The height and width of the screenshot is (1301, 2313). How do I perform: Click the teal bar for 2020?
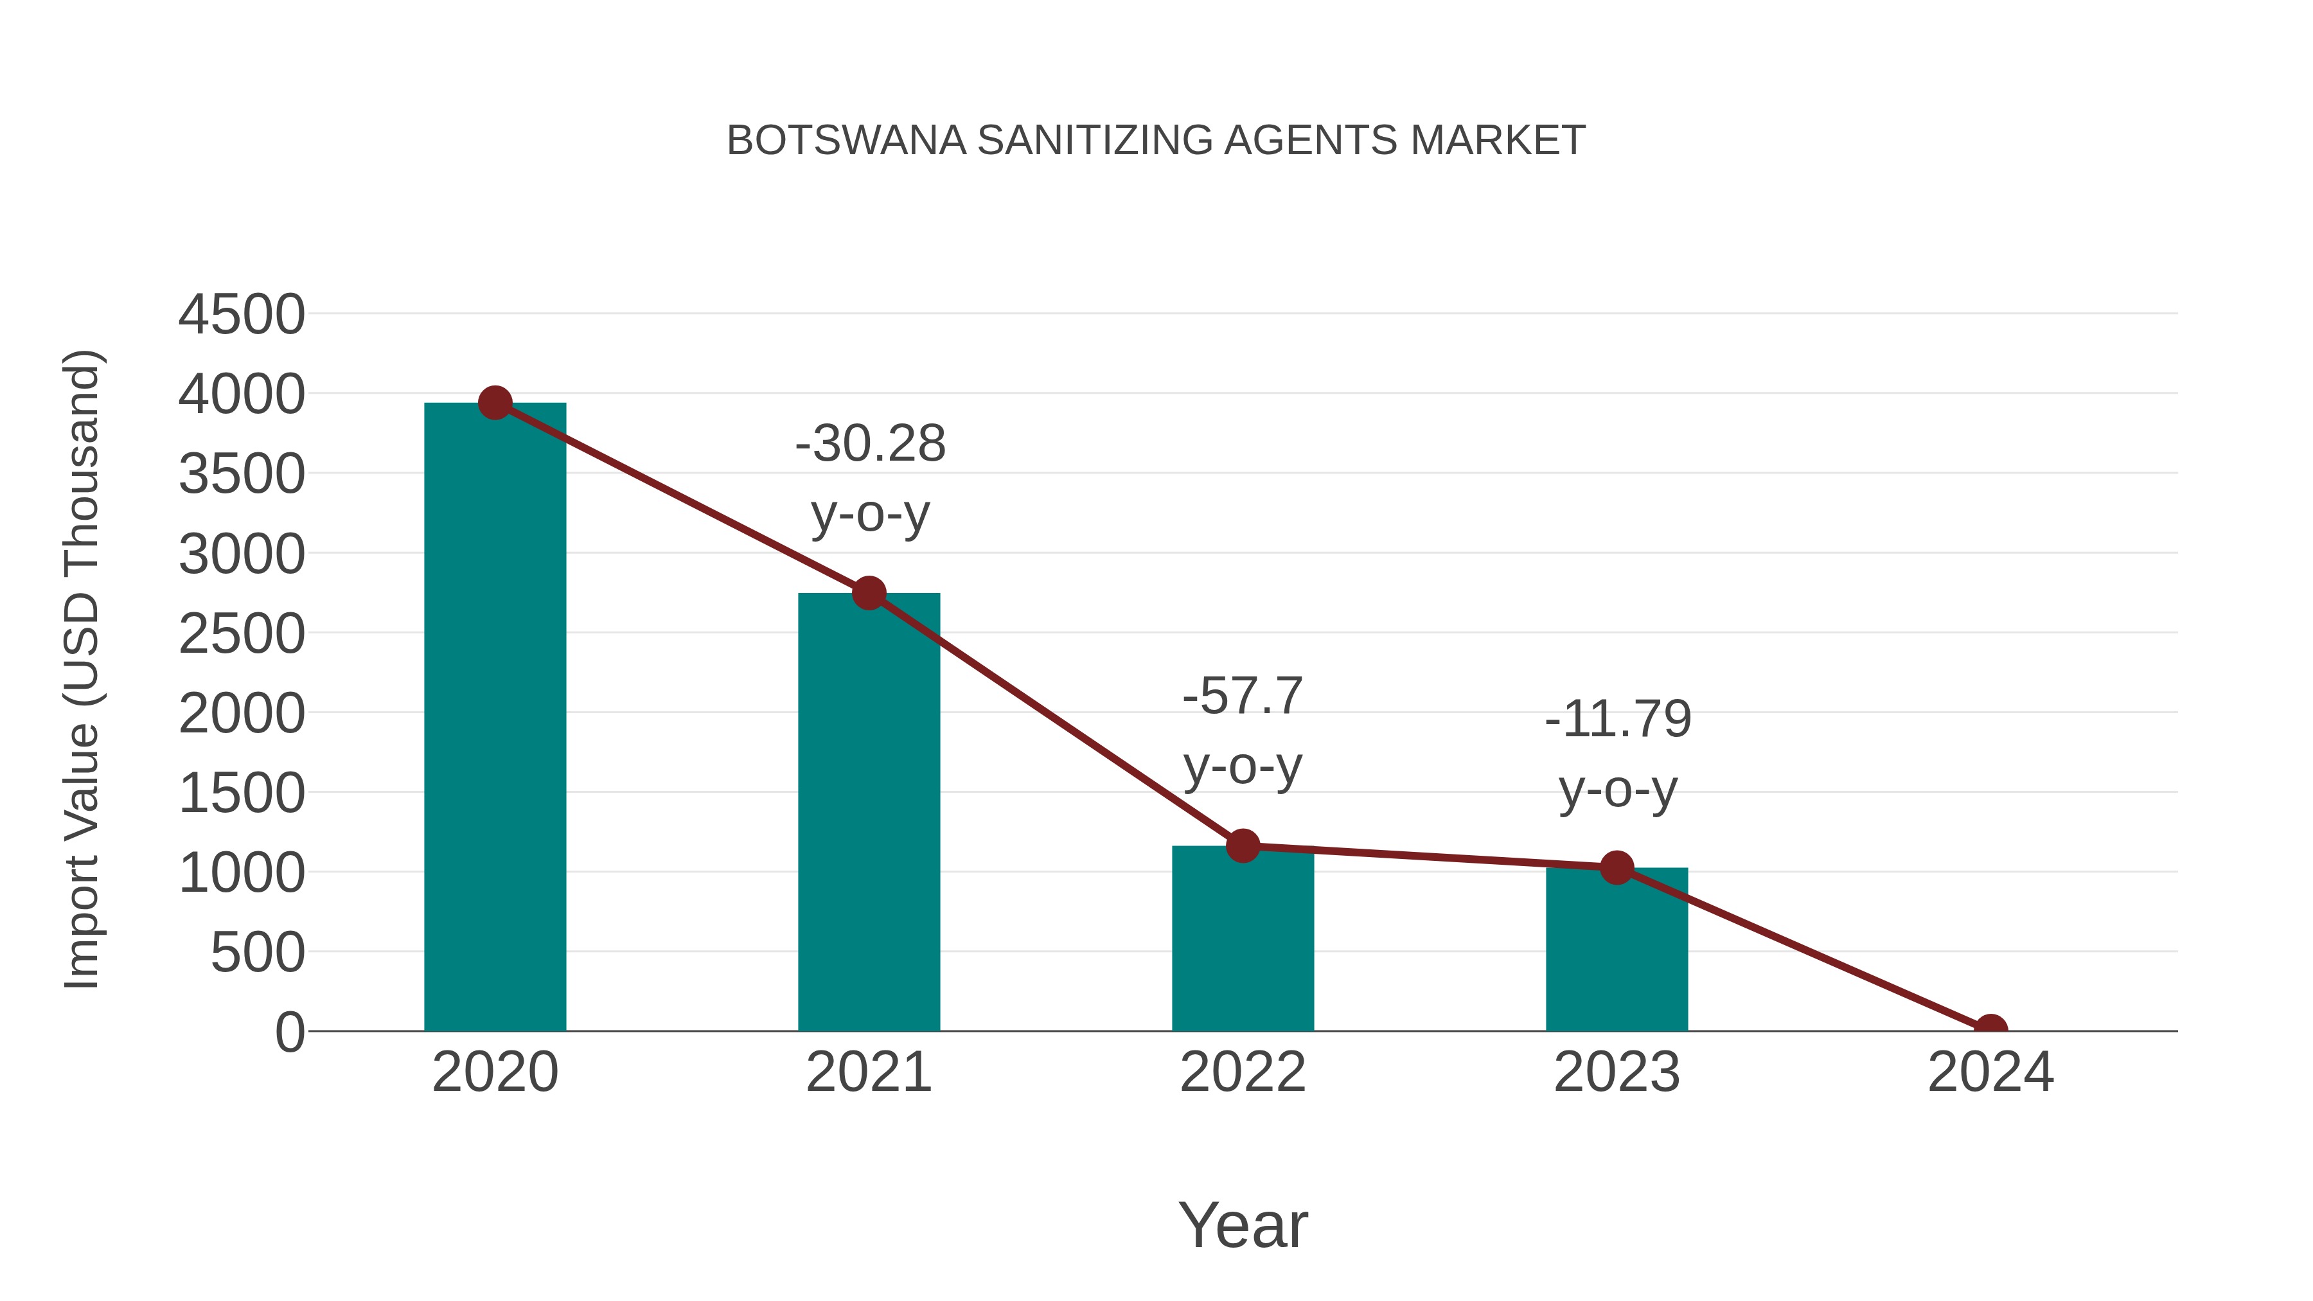(x=495, y=718)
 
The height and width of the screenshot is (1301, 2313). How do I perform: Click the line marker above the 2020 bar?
(x=495, y=403)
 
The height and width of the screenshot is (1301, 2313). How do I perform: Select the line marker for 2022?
(x=1243, y=845)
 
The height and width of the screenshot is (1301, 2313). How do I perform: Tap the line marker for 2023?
(x=1617, y=868)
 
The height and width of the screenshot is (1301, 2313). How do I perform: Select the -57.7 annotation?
(x=1243, y=696)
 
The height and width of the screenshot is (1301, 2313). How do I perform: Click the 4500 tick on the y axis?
(x=242, y=315)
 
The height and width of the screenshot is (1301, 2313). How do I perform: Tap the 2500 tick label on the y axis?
(x=242, y=635)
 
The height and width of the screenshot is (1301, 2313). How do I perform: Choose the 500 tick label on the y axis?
(x=258, y=953)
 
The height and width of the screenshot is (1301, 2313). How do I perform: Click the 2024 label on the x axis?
(x=1990, y=1072)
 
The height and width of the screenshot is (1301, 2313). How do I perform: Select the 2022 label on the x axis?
(x=1243, y=1072)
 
